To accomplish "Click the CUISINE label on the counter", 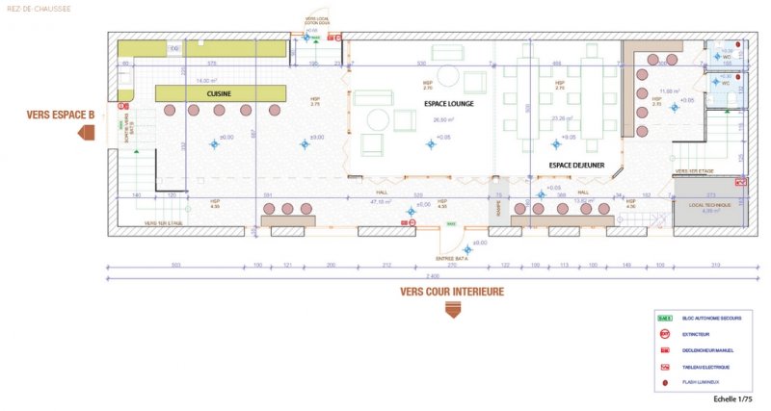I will pos(221,93).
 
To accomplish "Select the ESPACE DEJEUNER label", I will pos(576,166).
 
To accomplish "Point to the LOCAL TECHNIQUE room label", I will pos(709,207).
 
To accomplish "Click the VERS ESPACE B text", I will pos(60,115).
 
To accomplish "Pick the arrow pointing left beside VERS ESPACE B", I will pos(87,132).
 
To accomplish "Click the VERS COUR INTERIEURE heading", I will pos(452,291).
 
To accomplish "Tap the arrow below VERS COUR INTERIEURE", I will pos(452,309).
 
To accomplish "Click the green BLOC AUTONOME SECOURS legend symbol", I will pos(663,318).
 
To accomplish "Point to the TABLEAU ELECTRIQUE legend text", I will pos(706,367).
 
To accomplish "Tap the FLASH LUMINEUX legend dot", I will pos(663,383).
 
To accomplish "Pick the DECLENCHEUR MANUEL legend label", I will pos(708,350).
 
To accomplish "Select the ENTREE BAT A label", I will pos(451,258).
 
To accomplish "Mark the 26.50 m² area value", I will pos(443,120).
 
